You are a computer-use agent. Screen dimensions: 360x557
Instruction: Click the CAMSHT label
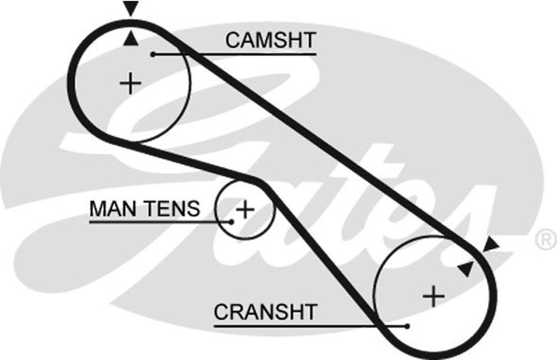[271, 40]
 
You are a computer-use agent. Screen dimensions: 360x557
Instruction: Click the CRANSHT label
[265, 312]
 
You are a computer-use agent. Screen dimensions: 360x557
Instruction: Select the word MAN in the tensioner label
[109, 209]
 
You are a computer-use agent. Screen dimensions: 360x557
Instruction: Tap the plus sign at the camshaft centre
[131, 84]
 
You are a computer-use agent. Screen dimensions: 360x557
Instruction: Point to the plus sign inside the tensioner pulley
[245, 210]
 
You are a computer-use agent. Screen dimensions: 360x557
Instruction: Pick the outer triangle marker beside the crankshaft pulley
[491, 244]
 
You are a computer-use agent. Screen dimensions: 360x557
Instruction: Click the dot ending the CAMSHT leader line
[152, 54]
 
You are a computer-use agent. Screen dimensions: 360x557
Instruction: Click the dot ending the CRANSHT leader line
[408, 326]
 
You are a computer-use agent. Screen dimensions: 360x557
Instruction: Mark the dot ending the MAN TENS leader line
[231, 222]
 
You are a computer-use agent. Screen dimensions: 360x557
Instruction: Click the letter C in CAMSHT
[232, 40]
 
